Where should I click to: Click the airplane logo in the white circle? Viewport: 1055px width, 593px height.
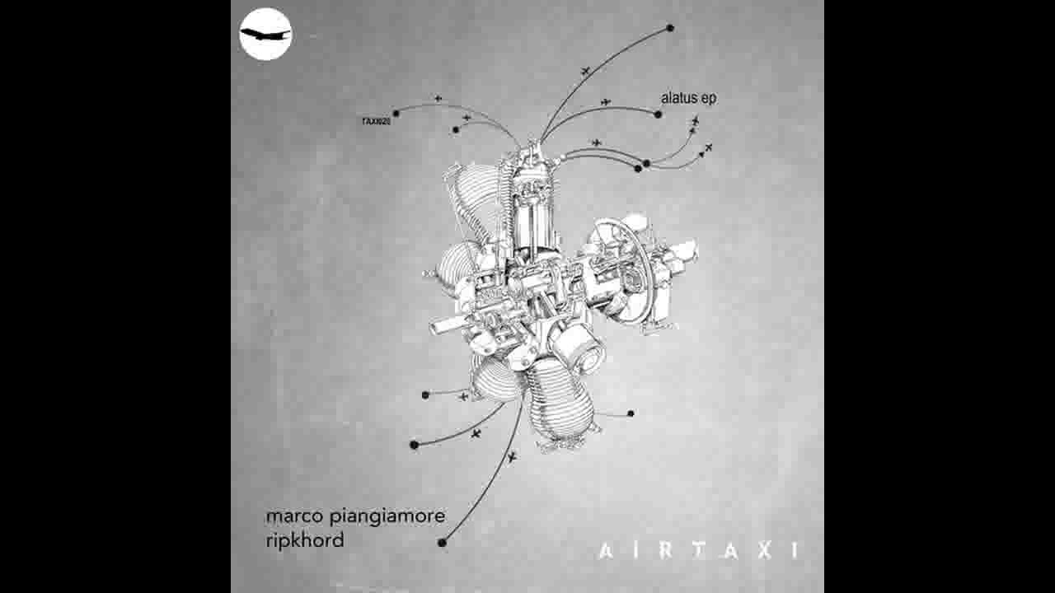tap(265, 34)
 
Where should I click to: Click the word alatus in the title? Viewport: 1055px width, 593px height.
tap(680, 97)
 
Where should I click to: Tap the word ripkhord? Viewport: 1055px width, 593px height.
tap(304, 541)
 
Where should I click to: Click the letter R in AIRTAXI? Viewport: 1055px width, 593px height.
tap(665, 551)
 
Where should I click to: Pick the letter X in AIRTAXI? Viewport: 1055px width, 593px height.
tap(765, 551)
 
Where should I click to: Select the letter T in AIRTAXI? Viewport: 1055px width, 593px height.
tap(699, 551)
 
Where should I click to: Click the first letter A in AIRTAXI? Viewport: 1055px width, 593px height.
tap(606, 551)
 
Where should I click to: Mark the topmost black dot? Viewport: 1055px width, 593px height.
tap(670, 28)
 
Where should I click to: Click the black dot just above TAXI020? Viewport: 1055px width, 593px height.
tap(396, 113)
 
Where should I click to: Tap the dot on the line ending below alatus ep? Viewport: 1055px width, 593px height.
tap(658, 114)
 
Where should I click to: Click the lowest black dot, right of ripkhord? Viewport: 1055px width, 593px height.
tap(442, 542)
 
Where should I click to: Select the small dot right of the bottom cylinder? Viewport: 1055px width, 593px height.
tap(631, 413)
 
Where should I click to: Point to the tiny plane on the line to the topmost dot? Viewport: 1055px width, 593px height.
tap(585, 70)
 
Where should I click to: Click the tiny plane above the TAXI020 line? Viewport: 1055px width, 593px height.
tap(438, 99)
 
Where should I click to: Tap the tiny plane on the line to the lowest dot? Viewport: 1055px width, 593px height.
tap(512, 456)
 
